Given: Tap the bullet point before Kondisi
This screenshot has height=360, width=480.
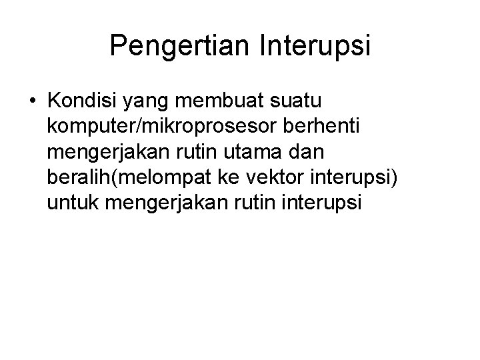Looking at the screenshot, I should pyautogui.click(x=33, y=102).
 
